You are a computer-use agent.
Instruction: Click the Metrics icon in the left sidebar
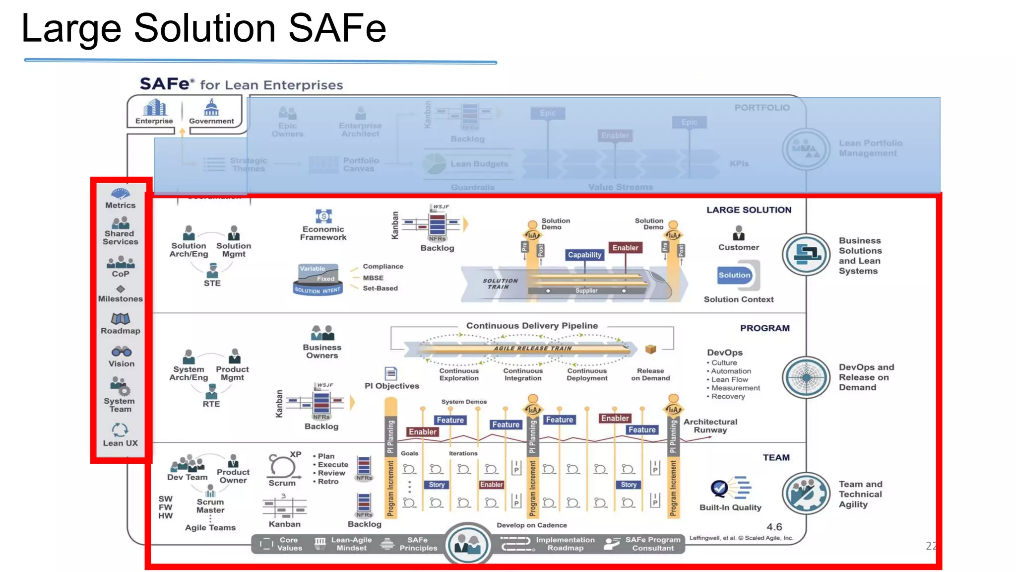(120, 193)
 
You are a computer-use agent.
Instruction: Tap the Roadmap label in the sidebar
(121, 331)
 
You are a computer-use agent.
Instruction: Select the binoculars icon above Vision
(121, 352)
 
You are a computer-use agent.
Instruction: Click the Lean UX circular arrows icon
(120, 429)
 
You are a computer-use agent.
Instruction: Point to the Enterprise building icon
(154, 107)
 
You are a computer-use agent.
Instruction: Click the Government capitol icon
(211, 107)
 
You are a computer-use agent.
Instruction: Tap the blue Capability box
(584, 255)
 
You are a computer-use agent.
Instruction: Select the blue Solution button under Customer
(735, 275)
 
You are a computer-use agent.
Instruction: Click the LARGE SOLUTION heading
(749, 210)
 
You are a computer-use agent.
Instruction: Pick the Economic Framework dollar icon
(323, 216)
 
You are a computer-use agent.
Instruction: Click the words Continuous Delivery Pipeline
(532, 326)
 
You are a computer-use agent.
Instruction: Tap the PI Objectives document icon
(391, 373)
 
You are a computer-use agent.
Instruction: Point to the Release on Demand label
(650, 374)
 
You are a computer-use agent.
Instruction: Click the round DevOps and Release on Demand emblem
(806, 377)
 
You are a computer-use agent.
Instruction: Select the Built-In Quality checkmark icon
(719, 488)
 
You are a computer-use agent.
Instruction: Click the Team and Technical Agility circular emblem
(806, 494)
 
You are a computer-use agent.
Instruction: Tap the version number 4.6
(774, 527)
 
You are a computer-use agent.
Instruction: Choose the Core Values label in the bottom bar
(289, 544)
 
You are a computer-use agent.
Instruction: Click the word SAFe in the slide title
(337, 28)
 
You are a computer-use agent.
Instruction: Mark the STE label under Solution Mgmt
(212, 283)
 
